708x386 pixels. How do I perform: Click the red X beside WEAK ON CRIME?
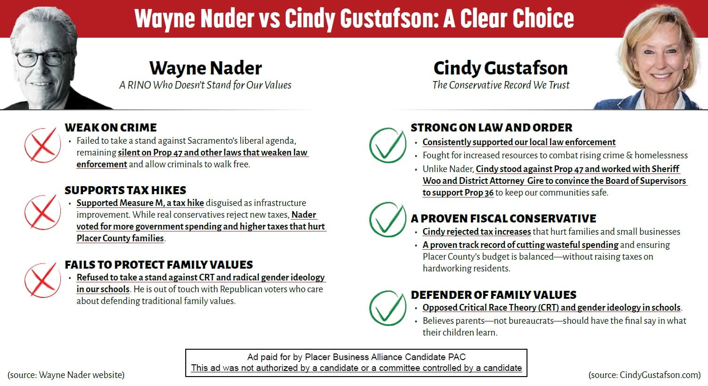(x=42, y=145)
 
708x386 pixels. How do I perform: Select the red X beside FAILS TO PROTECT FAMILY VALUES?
(x=42, y=280)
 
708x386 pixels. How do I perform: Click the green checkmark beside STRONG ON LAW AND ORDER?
(x=387, y=146)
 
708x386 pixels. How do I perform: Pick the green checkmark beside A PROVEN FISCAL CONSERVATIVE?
(x=387, y=220)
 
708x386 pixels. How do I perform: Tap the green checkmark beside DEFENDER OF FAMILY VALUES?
(x=387, y=307)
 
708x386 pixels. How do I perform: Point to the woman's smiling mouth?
(x=662, y=75)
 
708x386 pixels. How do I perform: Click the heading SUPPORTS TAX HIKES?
(x=125, y=190)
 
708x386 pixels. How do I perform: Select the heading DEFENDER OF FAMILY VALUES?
(x=494, y=295)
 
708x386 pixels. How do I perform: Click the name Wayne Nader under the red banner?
(x=206, y=68)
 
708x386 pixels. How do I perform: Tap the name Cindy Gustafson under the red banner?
(x=500, y=68)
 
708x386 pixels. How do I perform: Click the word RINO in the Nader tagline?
(x=140, y=85)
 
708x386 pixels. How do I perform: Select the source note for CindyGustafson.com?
(x=644, y=375)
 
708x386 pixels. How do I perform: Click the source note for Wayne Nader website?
(x=66, y=375)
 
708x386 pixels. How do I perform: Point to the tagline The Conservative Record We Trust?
(x=501, y=85)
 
